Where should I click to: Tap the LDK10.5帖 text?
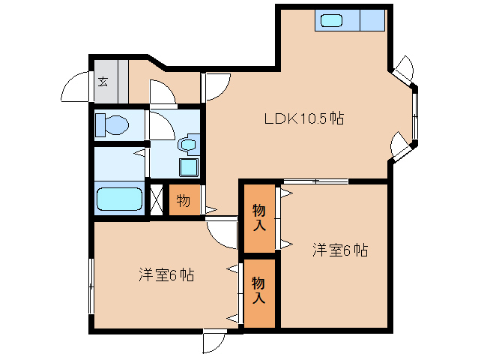303,118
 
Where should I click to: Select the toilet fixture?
110,124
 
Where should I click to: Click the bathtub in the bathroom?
119,200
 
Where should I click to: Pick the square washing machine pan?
189,166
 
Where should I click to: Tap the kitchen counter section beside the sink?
372,20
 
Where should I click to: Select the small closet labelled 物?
184,201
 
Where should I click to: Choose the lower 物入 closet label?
259,290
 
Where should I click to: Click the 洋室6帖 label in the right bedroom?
339,250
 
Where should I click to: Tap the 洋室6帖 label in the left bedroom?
166,275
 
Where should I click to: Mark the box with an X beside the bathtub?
157,200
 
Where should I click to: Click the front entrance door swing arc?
75,88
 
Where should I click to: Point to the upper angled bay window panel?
404,70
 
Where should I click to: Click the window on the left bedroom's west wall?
91,286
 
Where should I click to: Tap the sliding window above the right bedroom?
315,181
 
